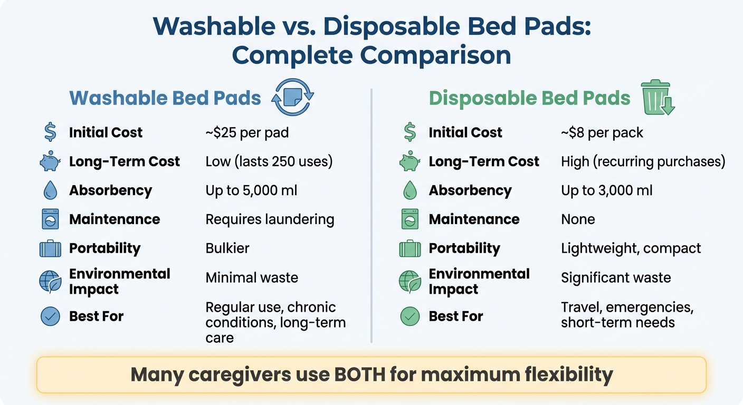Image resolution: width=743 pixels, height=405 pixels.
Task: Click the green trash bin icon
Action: coord(657,98)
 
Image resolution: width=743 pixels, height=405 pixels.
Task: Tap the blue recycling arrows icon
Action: coord(292,98)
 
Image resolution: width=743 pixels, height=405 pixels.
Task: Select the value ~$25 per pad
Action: coord(247,132)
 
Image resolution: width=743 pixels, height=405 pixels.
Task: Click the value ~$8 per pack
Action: coord(602,132)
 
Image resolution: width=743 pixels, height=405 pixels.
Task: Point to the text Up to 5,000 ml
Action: coord(251,190)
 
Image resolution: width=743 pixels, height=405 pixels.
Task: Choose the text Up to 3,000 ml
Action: coord(607,190)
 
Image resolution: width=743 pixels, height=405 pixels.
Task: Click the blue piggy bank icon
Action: coord(50,162)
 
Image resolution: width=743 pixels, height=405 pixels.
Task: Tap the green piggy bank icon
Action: coord(409,162)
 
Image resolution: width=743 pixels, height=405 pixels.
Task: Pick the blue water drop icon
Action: coord(50,190)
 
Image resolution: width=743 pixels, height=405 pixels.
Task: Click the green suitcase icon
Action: coord(409,248)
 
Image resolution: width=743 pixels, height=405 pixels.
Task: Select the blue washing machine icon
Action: coord(50,219)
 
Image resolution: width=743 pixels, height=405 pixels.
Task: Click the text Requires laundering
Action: coord(270,219)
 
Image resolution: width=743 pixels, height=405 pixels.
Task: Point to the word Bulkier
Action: coord(227,248)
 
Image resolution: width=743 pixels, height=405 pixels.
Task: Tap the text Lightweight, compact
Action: coord(631,248)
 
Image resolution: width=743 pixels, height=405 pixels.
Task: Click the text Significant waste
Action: coord(616,277)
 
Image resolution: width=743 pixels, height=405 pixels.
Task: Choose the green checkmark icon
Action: coord(409,316)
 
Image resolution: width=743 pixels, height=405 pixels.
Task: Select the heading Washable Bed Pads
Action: coord(165,98)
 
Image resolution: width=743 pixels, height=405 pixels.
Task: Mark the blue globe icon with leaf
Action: coord(50,282)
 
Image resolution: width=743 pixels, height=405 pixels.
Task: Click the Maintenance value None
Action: coord(578,219)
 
